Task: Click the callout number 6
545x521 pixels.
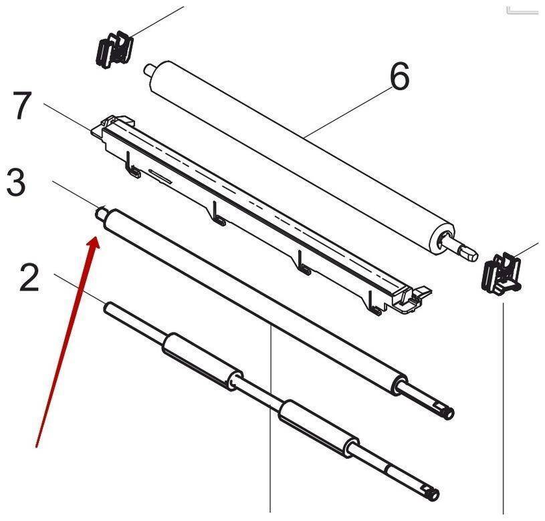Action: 400,77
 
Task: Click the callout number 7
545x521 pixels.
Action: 22,105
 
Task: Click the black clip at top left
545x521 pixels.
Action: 114,49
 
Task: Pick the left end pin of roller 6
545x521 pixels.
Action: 148,69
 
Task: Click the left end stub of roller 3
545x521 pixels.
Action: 100,212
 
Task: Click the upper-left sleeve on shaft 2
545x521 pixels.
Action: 203,361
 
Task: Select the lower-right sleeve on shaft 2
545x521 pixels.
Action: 318,429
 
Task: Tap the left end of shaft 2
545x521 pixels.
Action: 108,308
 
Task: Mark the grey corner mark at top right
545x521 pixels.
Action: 522,11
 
